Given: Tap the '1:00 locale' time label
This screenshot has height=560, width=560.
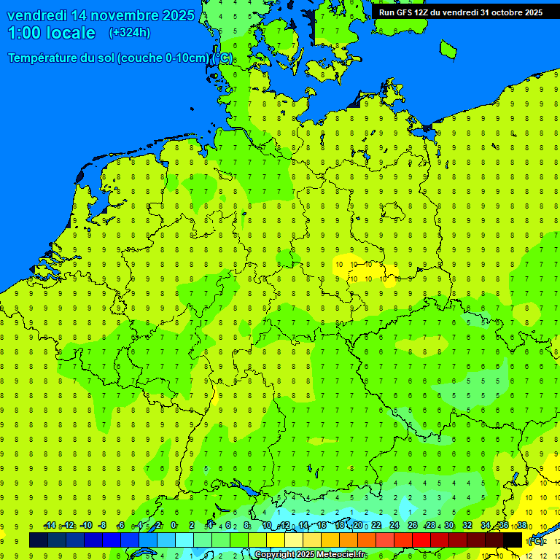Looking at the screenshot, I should coord(52,33).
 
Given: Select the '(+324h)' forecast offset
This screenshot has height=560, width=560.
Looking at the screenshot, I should coord(129,33).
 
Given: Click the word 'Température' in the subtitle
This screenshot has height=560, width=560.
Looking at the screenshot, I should coord(44,58).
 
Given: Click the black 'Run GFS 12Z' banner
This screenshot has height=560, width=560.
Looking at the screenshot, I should coord(460,12).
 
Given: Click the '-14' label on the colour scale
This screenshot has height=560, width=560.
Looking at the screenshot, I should coord(50,526).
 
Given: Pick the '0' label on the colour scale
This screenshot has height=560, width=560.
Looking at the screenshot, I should coord(174,526).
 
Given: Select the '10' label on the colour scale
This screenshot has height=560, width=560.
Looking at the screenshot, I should coord(267,526).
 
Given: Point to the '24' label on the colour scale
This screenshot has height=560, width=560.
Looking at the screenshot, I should coord(394,526).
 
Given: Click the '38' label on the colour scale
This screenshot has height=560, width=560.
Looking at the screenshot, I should coord(522,526).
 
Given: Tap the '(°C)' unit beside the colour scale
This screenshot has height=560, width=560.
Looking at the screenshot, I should coord(535,540).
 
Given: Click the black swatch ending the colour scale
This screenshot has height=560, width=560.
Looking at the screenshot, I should coord(513,540).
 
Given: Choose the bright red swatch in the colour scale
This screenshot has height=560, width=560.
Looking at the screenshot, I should coord(421,540).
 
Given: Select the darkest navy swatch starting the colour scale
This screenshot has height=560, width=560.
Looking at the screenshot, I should coord(39,540).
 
